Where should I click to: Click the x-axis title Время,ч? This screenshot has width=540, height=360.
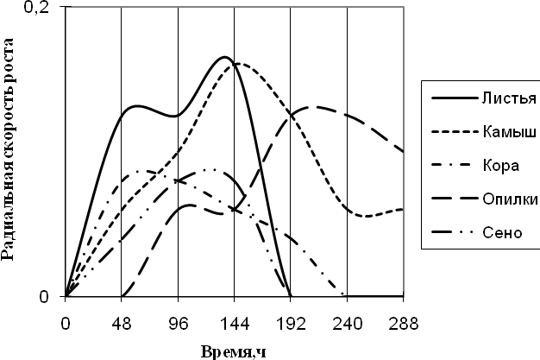(235, 351)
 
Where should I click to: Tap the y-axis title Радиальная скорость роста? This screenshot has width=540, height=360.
(10, 151)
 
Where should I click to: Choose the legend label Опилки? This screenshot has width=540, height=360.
(509, 200)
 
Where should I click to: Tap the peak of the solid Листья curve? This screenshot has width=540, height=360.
(224, 57)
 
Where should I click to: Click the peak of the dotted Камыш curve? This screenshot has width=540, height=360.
(238, 63)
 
